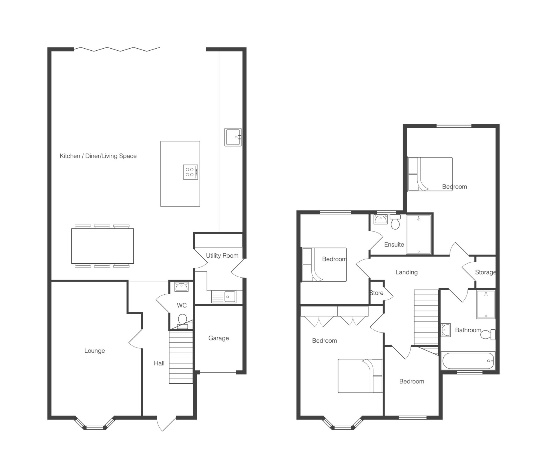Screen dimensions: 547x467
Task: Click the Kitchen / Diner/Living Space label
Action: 98,156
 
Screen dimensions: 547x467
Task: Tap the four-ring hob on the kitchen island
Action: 190,172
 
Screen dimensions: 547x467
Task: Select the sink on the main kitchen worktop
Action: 233,137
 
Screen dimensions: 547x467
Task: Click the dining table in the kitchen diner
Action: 102,246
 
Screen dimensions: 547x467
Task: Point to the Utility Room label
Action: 222,255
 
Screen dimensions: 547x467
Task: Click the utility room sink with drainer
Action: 224,296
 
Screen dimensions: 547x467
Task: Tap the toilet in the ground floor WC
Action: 182,321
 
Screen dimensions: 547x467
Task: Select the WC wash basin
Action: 181,287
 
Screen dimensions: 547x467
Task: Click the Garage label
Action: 219,338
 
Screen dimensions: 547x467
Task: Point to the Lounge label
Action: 95,351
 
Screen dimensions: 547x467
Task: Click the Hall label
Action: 159,363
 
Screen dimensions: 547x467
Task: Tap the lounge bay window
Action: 95,423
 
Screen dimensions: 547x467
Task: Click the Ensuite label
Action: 394,244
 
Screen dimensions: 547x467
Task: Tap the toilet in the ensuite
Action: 395,222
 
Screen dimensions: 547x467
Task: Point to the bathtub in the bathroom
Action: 468,361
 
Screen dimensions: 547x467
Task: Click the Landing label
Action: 407,272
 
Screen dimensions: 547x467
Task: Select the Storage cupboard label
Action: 485,272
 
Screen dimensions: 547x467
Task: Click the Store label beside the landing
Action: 377,293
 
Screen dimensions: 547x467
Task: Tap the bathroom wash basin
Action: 446,330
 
